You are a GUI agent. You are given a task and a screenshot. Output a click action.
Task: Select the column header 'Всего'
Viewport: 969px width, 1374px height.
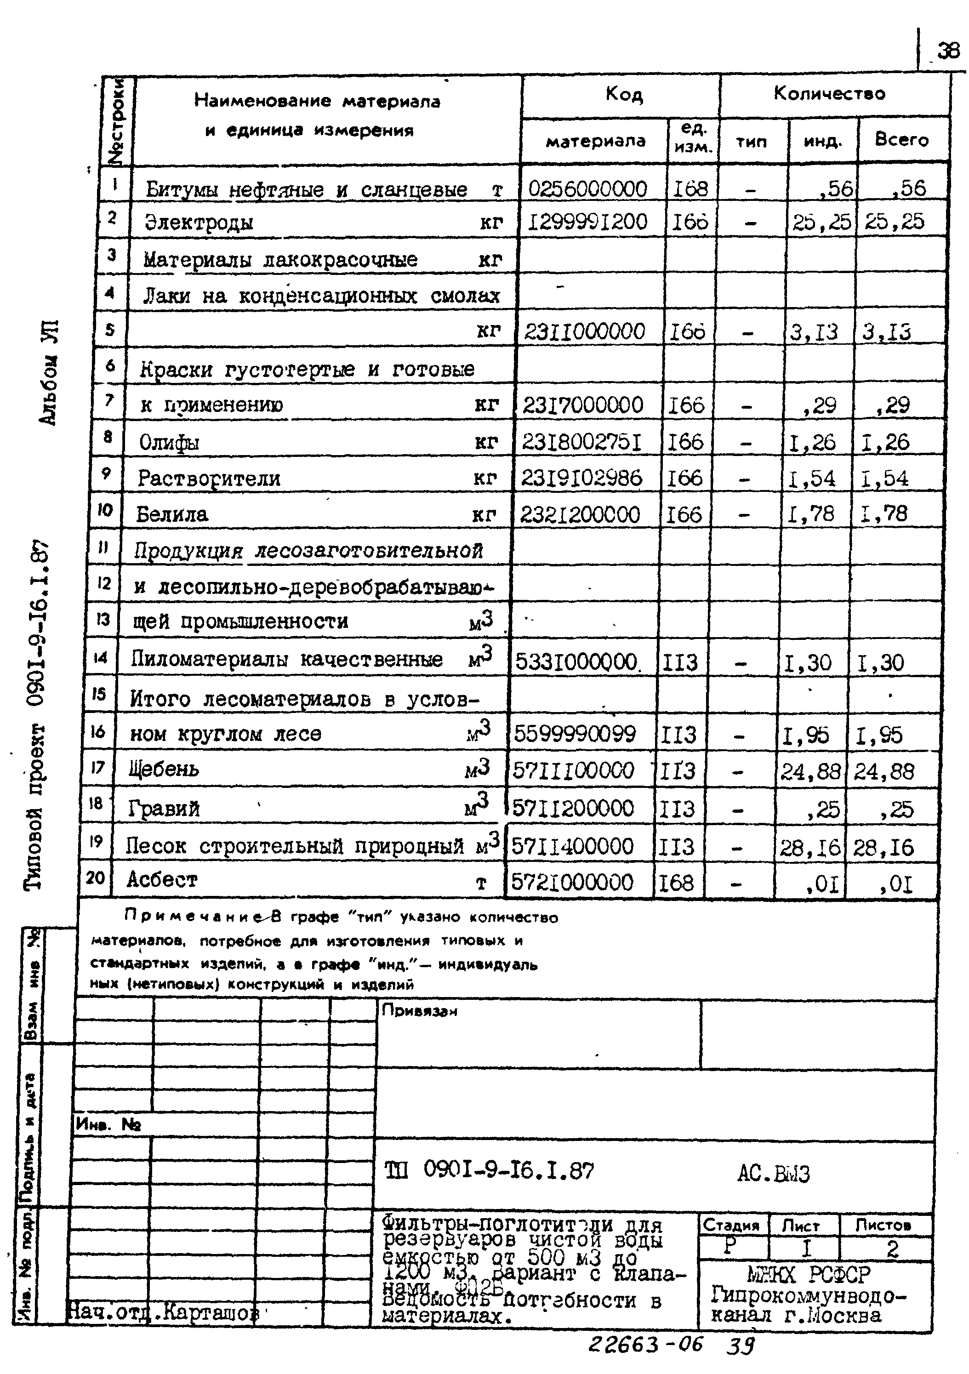[901, 140]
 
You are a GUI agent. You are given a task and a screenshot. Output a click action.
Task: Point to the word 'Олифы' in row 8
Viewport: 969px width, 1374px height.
[169, 443]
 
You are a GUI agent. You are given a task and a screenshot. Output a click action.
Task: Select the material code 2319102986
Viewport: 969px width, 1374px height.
[581, 478]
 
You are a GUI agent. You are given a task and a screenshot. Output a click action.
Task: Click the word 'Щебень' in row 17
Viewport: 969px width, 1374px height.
[164, 769]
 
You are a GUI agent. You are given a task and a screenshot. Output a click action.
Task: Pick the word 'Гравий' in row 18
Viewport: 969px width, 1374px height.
[163, 809]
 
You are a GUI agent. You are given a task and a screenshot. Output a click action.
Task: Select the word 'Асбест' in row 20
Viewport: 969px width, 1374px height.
[162, 879]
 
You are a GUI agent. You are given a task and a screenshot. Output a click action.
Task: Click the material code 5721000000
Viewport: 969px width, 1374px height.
[571, 882]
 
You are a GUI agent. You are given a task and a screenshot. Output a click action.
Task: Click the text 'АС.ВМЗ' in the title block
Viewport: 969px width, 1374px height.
[773, 1174]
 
